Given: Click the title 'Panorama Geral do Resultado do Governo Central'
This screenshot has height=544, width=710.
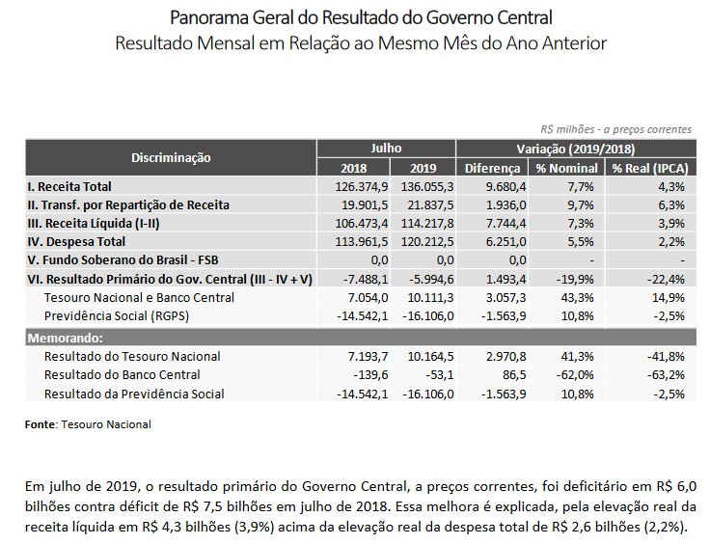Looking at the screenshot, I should tap(361, 17).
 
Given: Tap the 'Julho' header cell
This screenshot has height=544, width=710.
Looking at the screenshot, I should tap(386, 149).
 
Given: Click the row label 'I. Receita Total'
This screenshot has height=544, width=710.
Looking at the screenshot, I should tap(70, 186).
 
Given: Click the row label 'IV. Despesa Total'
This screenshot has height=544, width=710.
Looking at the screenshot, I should tap(76, 241).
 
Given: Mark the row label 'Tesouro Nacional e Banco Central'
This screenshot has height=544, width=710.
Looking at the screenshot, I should tap(130, 296).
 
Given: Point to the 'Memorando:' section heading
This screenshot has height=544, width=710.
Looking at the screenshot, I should tap(63, 339).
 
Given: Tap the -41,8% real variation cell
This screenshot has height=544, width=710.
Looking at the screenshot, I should tap(666, 357).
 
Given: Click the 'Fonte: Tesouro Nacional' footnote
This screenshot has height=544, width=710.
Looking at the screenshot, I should tap(88, 424).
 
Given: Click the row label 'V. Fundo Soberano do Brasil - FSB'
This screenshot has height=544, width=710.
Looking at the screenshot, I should tap(123, 259).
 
